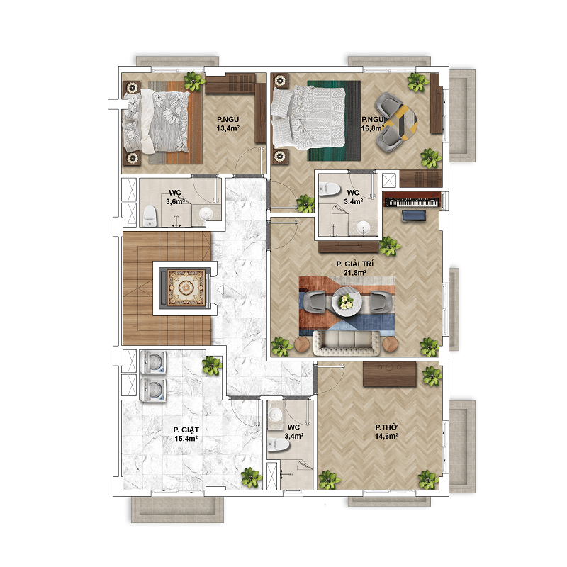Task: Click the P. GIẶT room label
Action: [186, 430]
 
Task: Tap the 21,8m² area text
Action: [355, 273]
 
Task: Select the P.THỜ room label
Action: [386, 427]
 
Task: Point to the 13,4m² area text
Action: [228, 128]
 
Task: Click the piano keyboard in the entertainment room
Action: [412, 201]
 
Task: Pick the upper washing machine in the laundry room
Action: [153, 362]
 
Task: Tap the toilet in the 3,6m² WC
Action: [150, 215]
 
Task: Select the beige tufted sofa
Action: [347, 343]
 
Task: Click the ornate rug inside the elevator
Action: [186, 288]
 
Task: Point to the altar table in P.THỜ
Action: [390, 374]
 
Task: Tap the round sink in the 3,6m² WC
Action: [206, 214]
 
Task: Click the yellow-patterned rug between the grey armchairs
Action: [400, 122]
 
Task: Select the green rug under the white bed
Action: [334, 120]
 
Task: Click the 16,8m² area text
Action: [372, 128]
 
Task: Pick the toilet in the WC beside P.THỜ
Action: [279, 444]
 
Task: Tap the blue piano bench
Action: [414, 215]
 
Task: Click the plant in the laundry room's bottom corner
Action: [252, 477]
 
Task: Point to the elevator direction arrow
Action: [220, 289]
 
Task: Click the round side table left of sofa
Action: [302, 344]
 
